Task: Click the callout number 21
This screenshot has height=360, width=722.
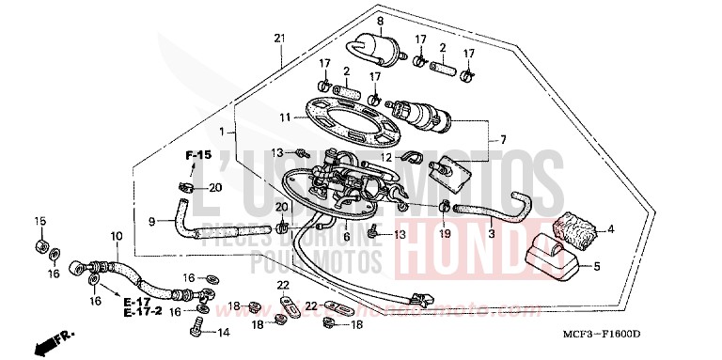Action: click(x=278, y=38)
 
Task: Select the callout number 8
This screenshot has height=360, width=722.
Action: click(x=354, y=21)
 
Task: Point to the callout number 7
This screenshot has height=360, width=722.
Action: click(x=502, y=140)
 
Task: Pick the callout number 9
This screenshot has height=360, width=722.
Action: click(x=151, y=222)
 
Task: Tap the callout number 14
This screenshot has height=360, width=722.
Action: click(x=223, y=333)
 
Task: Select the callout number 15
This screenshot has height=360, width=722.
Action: click(x=39, y=221)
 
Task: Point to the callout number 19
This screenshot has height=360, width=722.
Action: click(x=446, y=232)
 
